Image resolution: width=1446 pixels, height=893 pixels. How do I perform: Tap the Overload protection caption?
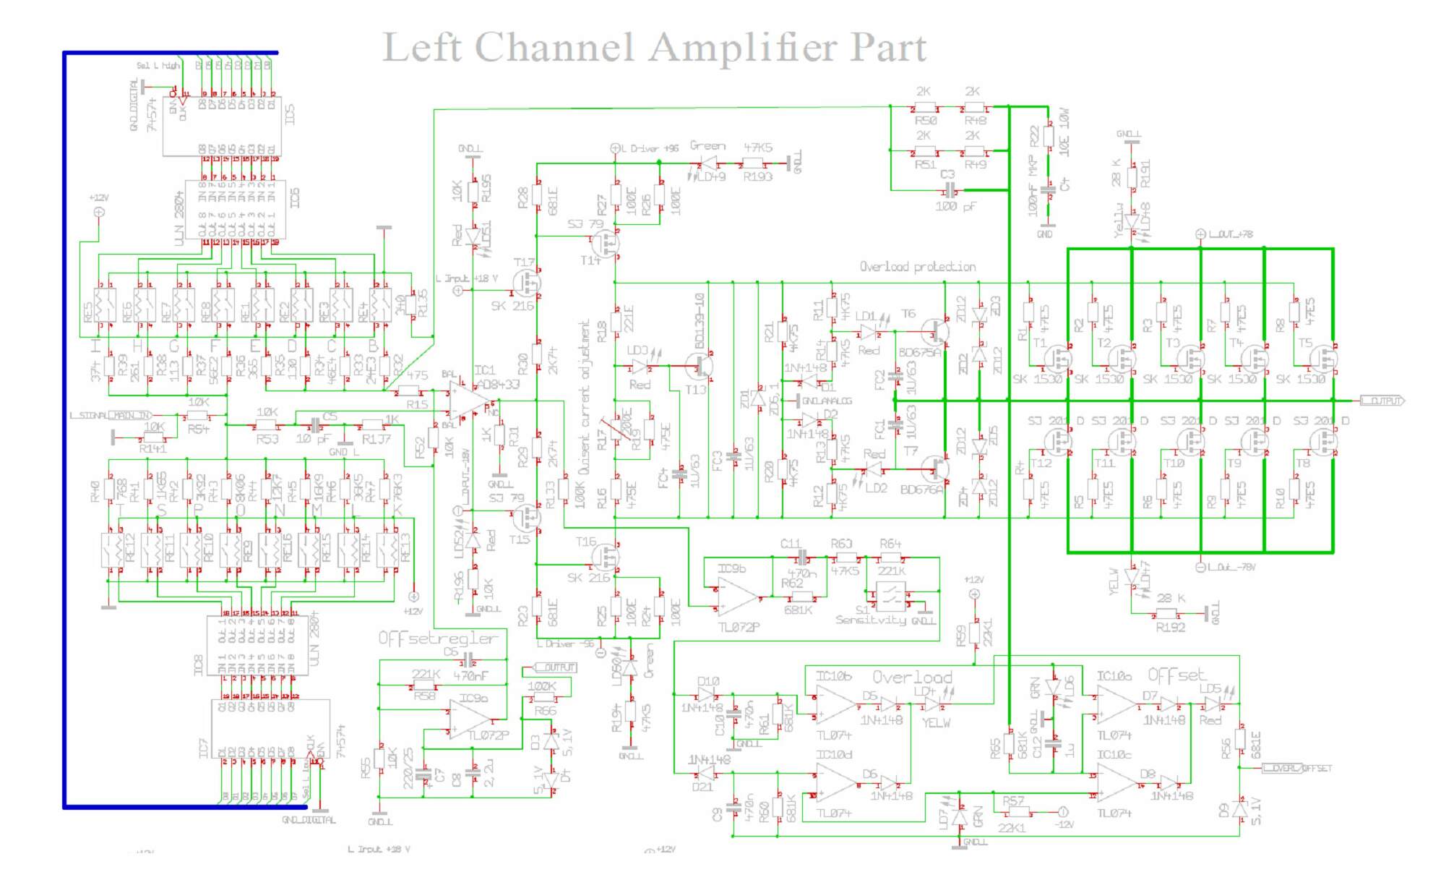pyautogui.click(x=917, y=267)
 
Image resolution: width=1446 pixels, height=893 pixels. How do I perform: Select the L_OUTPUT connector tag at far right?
pyautogui.click(x=1382, y=401)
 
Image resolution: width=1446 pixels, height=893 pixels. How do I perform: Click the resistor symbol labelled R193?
pyautogui.click(x=753, y=163)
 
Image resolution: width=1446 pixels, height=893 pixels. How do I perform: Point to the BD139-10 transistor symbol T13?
pyautogui.click(x=699, y=367)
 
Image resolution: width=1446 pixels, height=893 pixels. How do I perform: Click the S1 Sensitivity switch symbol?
pyautogui.click(x=890, y=597)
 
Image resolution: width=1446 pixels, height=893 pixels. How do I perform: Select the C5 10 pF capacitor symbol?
pyautogui.click(x=316, y=424)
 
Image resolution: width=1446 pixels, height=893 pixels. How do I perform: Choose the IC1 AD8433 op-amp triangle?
pyautogui.click(x=468, y=400)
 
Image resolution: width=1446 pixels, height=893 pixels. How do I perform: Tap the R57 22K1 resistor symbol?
pyautogui.click(x=1018, y=813)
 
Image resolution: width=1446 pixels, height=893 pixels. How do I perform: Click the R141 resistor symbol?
pyautogui.click(x=152, y=437)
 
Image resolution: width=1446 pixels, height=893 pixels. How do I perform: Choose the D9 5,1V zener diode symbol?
pyautogui.click(x=1240, y=810)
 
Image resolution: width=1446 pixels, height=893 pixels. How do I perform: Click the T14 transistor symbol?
pyautogui.click(x=609, y=244)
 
